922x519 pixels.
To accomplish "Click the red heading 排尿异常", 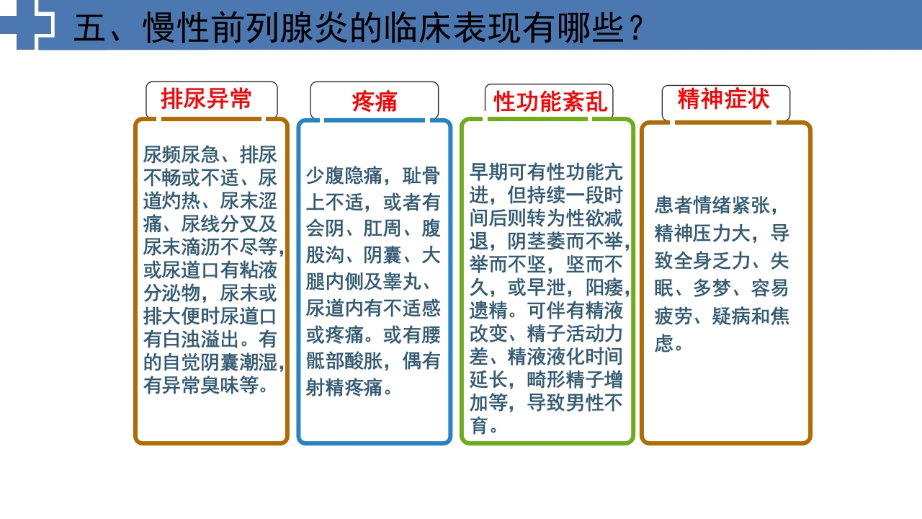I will [x=206, y=99].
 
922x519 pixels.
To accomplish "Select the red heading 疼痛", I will [x=374, y=102].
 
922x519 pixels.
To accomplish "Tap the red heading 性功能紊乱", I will [x=550, y=102].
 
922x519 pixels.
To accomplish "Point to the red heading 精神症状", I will [x=723, y=99].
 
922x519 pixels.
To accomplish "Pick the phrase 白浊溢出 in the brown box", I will [x=210, y=340].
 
